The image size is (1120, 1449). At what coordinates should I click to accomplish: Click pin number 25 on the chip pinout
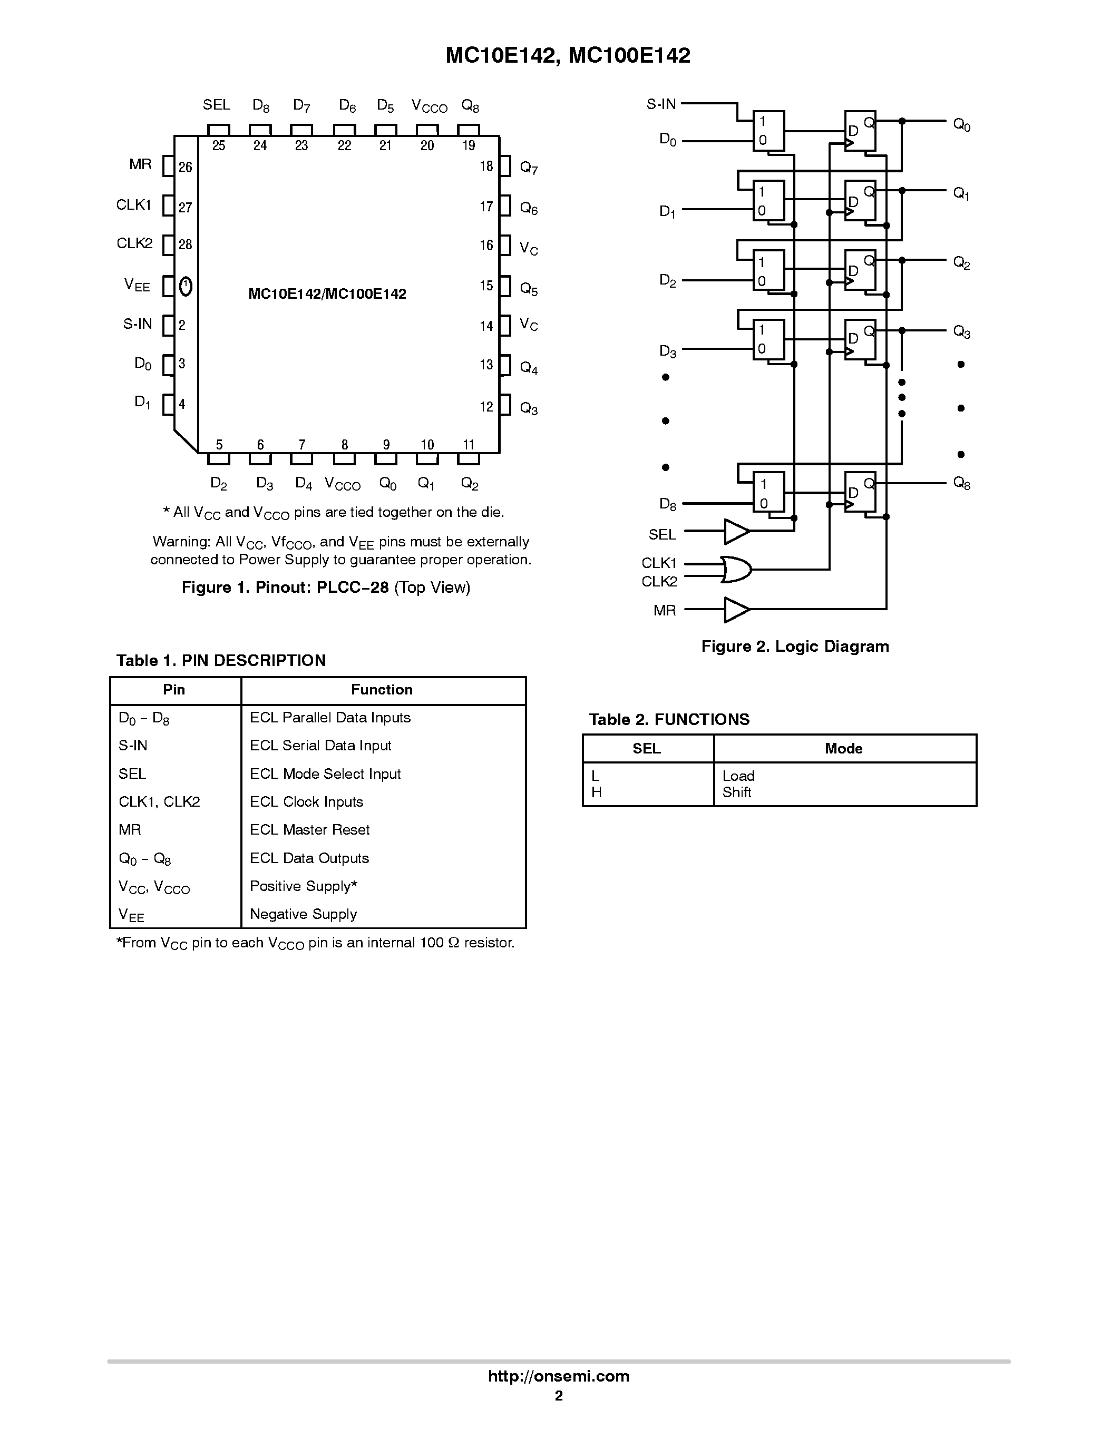[218, 146]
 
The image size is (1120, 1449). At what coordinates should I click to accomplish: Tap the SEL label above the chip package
[216, 105]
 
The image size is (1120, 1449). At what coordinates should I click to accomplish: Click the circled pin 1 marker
[186, 286]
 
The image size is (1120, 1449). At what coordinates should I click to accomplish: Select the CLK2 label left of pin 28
[135, 243]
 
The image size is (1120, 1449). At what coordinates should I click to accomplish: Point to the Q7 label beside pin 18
[529, 168]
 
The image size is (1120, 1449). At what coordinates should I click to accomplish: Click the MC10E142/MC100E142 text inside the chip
[327, 294]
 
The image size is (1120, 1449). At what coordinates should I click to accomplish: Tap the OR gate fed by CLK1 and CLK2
[736, 569]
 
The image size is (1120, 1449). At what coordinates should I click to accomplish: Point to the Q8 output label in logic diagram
[961, 483]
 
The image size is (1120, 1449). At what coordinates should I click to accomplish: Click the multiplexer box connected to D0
[768, 131]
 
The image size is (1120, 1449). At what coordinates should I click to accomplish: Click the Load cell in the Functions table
[738, 776]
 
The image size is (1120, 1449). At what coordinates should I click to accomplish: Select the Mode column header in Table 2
[843, 748]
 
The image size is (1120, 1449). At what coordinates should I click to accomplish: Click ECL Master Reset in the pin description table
[309, 829]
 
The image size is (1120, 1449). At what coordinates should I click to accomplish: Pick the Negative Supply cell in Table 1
[303, 914]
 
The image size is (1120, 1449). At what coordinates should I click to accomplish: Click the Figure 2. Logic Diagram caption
[795, 646]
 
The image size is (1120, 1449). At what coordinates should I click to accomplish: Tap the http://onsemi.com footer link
[558, 1376]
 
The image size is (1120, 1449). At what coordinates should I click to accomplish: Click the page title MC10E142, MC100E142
[568, 56]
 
